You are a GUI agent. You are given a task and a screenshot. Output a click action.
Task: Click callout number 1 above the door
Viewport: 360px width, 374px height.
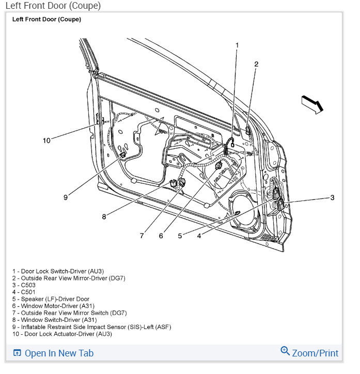[x=237, y=45]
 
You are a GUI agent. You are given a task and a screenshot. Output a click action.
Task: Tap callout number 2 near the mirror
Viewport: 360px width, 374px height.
[x=256, y=64]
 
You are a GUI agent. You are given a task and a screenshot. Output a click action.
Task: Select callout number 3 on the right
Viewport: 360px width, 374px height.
[x=332, y=197]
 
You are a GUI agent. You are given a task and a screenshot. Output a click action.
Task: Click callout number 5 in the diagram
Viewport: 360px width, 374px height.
[x=180, y=236]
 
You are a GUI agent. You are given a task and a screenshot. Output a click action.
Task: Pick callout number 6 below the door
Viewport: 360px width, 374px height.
[x=161, y=236]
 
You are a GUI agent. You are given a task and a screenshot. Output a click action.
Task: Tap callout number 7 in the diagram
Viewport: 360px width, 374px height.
[x=141, y=236]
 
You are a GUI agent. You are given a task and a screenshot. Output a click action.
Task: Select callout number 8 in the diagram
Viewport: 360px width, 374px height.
[x=104, y=217]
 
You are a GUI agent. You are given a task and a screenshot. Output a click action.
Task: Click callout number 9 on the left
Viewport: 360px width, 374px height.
[x=66, y=197]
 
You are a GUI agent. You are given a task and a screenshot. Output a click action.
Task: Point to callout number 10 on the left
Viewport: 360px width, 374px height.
[x=46, y=140]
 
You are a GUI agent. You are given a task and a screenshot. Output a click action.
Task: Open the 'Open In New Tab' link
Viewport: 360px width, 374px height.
[x=59, y=353]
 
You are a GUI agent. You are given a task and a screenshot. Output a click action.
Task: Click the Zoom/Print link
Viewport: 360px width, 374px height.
[x=315, y=353]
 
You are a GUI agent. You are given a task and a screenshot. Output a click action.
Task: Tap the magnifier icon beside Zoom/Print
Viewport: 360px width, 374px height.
[x=285, y=352]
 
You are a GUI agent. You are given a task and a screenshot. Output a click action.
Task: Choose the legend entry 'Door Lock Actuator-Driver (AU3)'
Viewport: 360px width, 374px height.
[x=62, y=334]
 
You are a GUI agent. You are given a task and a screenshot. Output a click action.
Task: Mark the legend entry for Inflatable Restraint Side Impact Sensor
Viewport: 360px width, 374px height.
[x=91, y=327]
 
